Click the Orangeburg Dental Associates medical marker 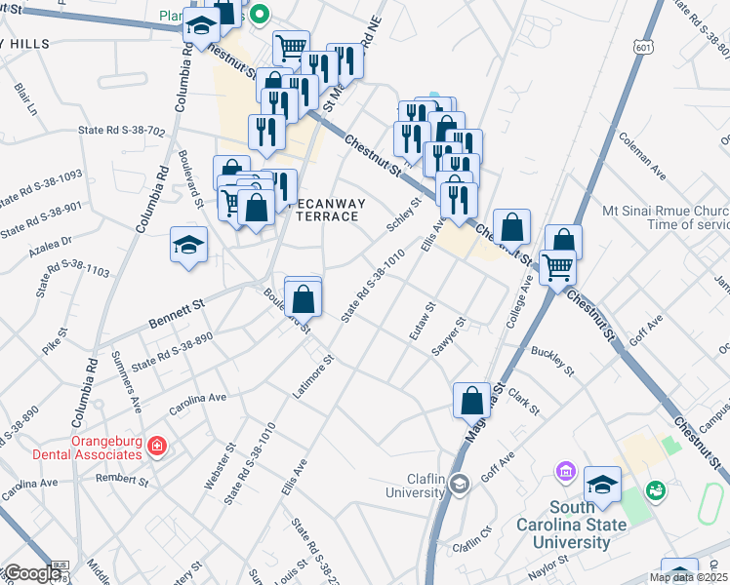click(157, 448)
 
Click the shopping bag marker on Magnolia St click(472, 400)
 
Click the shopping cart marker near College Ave click(556, 265)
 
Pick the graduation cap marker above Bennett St click(188, 244)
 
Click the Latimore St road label click(314, 375)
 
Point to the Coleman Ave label click(641, 156)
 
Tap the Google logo click(32, 573)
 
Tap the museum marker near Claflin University click(564, 472)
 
